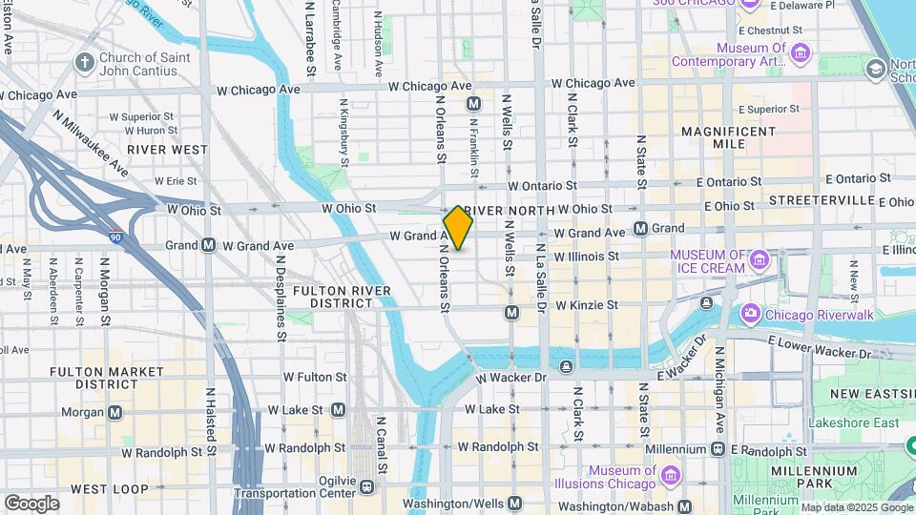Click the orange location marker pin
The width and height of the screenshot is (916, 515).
point(458,227)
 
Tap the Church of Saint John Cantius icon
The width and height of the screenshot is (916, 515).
point(85,63)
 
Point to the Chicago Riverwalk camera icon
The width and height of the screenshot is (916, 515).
point(750,313)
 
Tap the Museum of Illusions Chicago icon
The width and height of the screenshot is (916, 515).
point(670,474)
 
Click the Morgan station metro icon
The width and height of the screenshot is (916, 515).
point(115,412)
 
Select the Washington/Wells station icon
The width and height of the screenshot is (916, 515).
point(515,503)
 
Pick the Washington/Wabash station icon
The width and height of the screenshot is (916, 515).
point(684,506)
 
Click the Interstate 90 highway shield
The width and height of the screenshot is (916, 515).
point(114,235)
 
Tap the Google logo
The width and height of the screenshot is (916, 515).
point(31,504)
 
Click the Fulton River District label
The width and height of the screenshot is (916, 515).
point(332,296)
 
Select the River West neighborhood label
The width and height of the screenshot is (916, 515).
point(168,150)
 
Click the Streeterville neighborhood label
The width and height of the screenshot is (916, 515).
point(822,200)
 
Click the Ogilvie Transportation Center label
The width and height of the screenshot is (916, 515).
point(295,485)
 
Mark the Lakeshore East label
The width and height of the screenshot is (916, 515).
point(853,422)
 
